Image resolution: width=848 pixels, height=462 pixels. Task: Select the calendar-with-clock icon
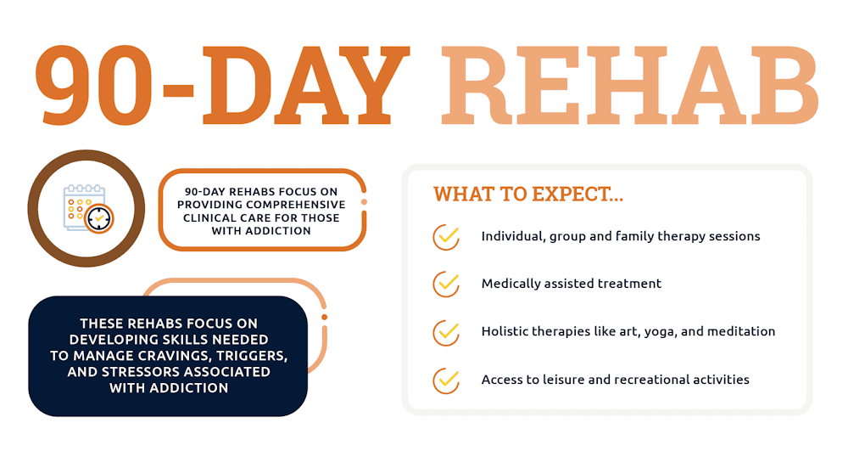click(87, 209)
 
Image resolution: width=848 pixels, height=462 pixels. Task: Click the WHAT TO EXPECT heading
click(528, 194)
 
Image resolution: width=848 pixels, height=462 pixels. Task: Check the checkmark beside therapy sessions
click(446, 236)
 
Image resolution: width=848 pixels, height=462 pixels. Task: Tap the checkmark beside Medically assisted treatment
click(446, 284)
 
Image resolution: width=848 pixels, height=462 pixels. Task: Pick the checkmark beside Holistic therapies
click(446, 331)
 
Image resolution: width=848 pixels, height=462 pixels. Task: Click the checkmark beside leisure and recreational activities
click(446, 380)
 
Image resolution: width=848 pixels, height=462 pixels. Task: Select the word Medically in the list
click(513, 284)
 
